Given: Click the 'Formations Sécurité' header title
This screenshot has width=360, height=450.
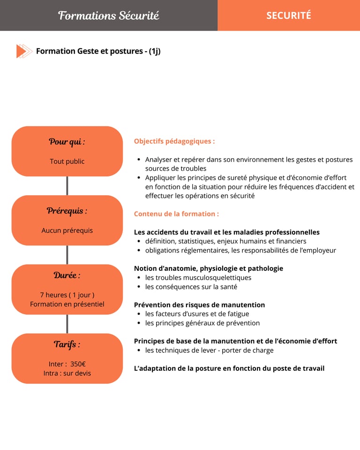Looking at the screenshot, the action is click(109, 15).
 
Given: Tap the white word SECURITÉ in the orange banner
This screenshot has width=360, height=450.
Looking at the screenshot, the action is click(288, 15).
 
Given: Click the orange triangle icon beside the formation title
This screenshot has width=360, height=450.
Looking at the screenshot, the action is click(22, 51).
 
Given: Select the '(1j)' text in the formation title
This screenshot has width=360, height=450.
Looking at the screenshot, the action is click(155, 51).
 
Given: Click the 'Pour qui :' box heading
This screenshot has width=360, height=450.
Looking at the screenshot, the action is click(67, 142).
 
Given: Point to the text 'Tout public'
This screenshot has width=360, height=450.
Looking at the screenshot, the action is click(67, 161).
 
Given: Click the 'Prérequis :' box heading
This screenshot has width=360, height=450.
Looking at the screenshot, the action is click(67, 211).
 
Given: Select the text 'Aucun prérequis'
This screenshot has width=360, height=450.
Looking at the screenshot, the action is click(67, 230).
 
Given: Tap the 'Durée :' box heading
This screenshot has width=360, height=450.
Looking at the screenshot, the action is click(67, 275).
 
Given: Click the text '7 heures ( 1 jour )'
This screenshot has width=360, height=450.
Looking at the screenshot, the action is click(67, 295).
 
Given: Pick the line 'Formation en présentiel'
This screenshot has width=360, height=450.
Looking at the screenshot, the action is click(67, 304).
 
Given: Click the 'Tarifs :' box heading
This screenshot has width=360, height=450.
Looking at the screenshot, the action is click(67, 344).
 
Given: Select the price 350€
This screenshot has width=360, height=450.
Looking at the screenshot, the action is click(78, 364).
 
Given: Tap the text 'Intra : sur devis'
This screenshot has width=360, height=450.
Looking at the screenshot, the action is click(67, 373).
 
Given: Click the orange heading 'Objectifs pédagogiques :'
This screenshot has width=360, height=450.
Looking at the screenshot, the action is click(174, 141).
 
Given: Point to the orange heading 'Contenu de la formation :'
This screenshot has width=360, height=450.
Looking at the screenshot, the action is click(176, 214).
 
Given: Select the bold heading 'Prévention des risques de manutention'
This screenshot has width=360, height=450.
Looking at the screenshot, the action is click(199, 305).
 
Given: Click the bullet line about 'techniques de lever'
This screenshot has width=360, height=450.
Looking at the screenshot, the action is click(209, 351).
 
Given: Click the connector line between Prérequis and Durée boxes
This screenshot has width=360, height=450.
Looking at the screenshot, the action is click(67, 255).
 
